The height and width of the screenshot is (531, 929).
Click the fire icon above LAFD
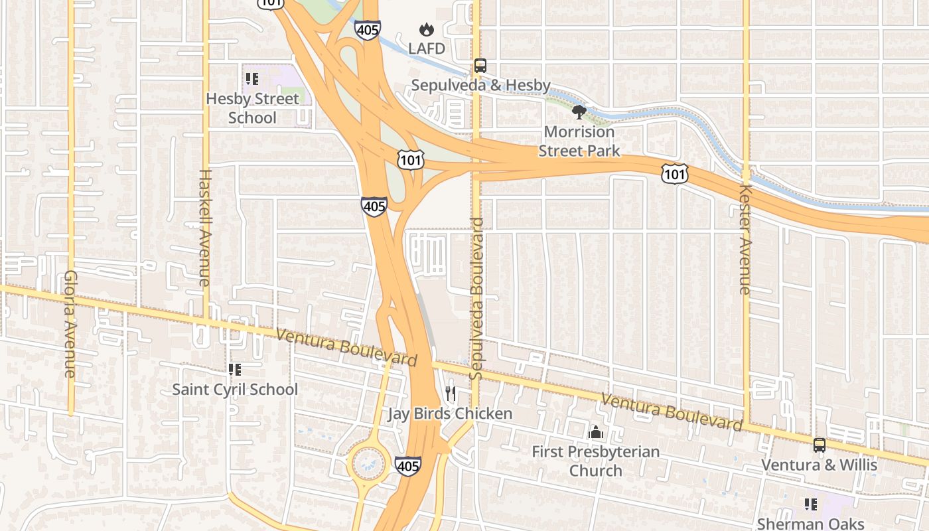[426, 29]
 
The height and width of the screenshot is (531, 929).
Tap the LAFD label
[426, 48]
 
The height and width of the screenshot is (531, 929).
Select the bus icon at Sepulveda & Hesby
[480, 66]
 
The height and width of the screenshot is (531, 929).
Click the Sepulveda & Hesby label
[480, 85]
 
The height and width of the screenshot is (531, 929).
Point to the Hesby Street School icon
[251, 80]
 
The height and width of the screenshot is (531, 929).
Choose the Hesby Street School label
[252, 108]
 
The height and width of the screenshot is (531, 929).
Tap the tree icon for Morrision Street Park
[579, 112]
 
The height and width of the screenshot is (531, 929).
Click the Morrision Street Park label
[579, 141]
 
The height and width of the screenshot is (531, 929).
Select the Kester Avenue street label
[745, 238]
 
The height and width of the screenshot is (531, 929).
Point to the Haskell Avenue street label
[204, 228]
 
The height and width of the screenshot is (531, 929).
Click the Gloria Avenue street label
[71, 324]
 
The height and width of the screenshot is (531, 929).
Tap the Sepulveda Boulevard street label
[476, 299]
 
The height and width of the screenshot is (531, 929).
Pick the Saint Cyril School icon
[234, 370]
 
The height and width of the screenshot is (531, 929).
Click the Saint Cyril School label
[235, 389]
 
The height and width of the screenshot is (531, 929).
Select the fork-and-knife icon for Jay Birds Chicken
[451, 394]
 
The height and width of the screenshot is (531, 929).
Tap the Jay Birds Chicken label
[450, 414]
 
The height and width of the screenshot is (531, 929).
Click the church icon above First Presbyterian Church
[595, 433]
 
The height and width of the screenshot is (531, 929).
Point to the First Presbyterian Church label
[595, 461]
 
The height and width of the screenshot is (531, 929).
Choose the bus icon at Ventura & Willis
[820, 445]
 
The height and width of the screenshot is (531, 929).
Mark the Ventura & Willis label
[819, 465]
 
